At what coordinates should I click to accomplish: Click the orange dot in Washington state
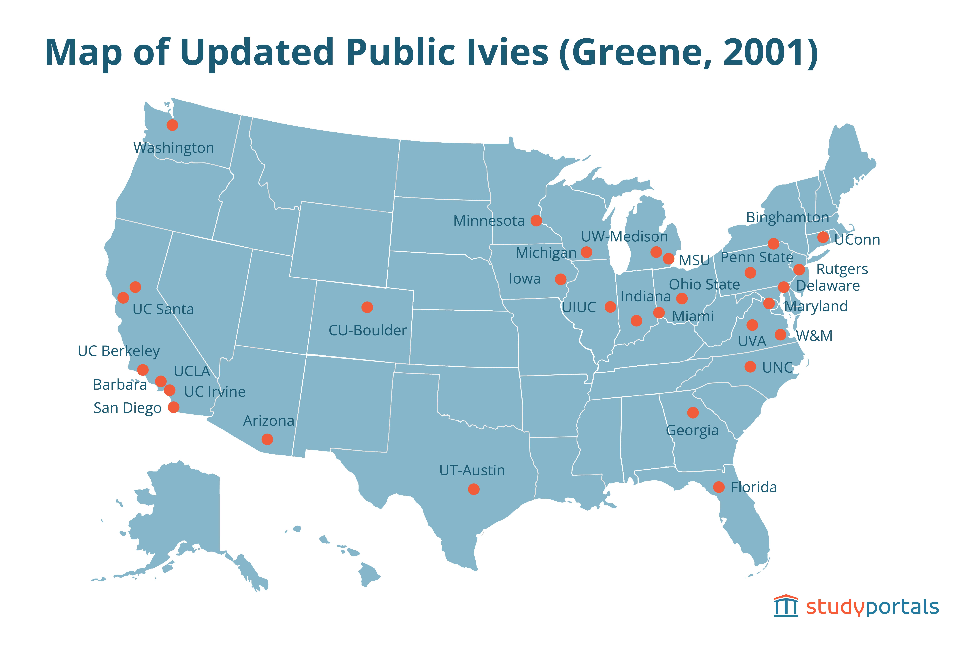tap(172, 125)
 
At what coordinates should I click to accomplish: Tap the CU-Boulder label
tap(368, 331)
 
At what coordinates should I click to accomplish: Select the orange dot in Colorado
tap(367, 307)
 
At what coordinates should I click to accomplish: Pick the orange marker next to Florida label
tap(719, 487)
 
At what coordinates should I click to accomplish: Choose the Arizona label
tap(268, 421)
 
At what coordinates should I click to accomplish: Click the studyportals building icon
tap(786, 606)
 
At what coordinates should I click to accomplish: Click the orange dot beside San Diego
tap(173, 407)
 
